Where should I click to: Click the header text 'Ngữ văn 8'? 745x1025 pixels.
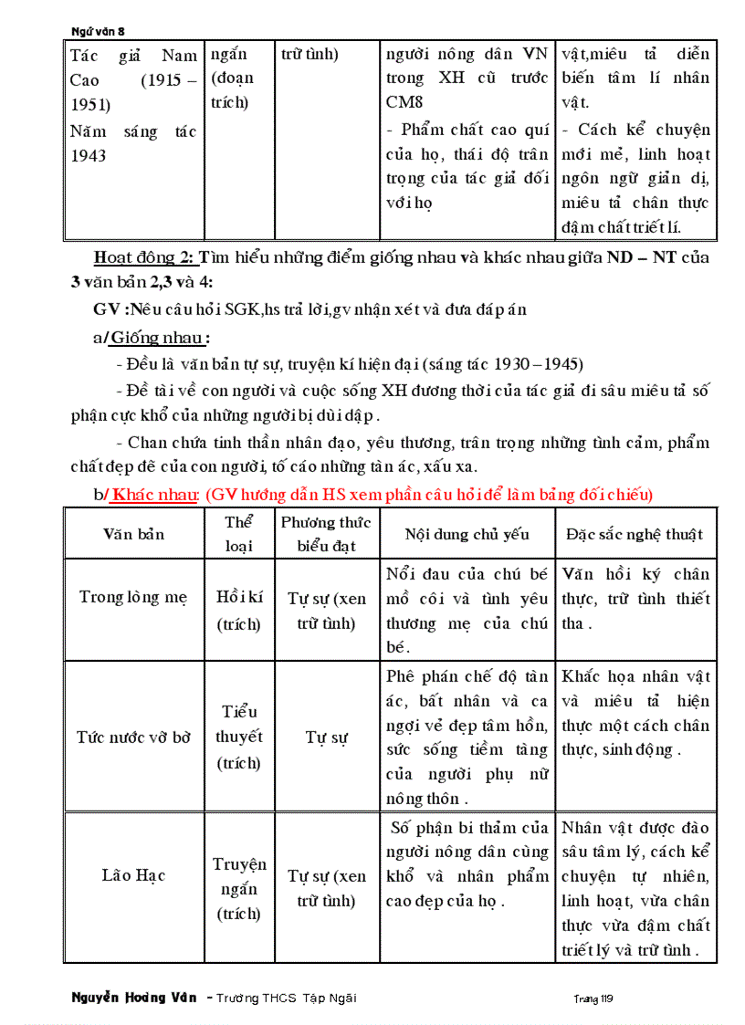[98, 31]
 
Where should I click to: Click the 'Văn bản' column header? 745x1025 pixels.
[134, 534]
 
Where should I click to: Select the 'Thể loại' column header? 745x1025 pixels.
[238, 534]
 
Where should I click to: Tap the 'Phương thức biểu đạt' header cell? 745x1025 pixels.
[325, 534]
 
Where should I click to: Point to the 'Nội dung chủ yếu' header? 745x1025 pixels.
[467, 535]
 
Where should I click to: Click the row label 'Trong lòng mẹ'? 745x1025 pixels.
[133, 598]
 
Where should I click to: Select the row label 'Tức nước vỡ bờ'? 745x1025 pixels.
[134, 737]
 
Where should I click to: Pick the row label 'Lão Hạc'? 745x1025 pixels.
[133, 876]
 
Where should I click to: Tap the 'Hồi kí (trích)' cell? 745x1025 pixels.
[239, 611]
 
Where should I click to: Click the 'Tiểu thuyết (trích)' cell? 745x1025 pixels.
[239, 737]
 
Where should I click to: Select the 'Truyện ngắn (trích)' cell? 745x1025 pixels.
[239, 888]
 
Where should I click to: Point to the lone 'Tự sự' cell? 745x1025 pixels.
[326, 737]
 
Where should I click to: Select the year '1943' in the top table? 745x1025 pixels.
[89, 156]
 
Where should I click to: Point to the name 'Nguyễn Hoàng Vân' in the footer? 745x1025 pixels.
[133, 998]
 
